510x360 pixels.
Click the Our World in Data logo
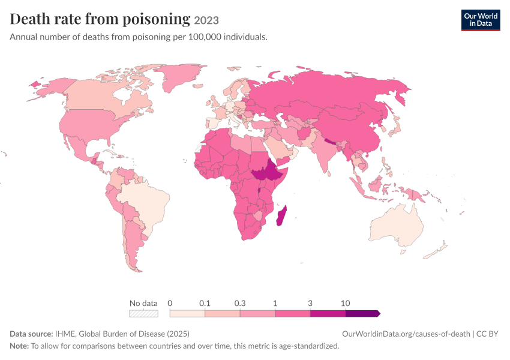pyautogui.click(x=481, y=20)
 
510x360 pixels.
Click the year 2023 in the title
pyautogui.click(x=206, y=20)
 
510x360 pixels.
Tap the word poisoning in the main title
pyautogui.click(x=156, y=19)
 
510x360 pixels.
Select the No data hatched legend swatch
pyautogui.click(x=143, y=313)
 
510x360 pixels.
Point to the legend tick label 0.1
pyautogui.click(x=205, y=304)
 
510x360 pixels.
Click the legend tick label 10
pyautogui.click(x=345, y=304)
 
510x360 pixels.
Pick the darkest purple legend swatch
pyautogui.click(x=362, y=313)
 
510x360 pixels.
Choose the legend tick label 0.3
pyautogui.click(x=240, y=304)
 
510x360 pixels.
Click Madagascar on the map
pyautogui.click(x=282, y=215)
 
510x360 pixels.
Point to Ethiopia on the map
pyautogui.click(x=275, y=172)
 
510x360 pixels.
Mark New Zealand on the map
pyautogui.click(x=435, y=250)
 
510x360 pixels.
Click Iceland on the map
pyautogui.click(x=198, y=86)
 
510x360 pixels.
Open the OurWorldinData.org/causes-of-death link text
pyautogui.click(x=406, y=334)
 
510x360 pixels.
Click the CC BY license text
pyautogui.click(x=487, y=334)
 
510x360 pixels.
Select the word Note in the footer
pyautogui.click(x=19, y=346)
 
